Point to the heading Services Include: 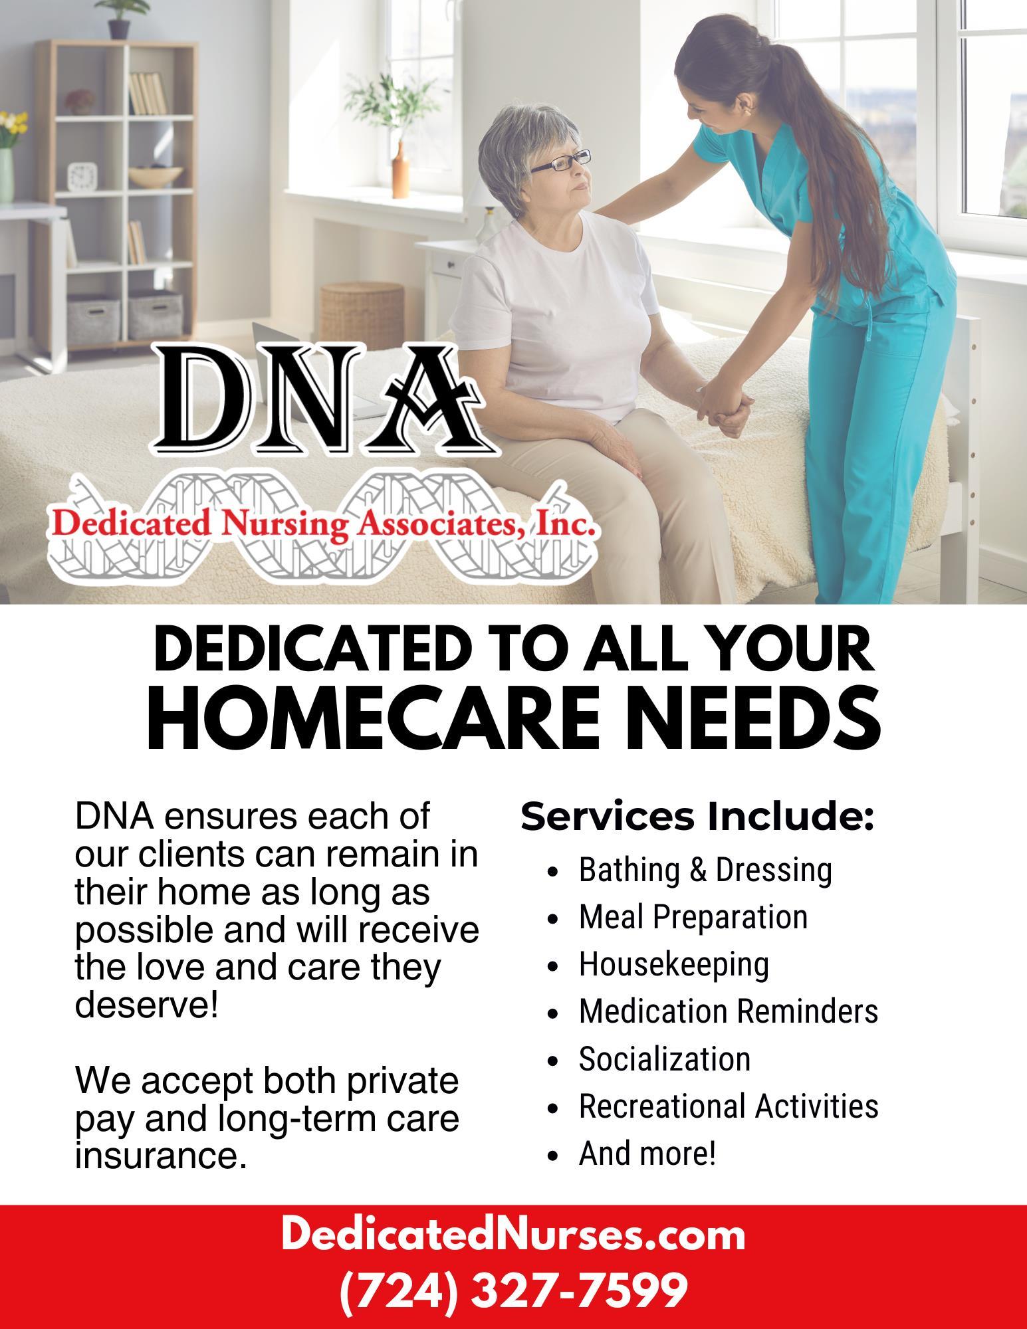(x=697, y=817)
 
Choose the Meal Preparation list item (x=693, y=918)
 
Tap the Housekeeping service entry (x=674, y=965)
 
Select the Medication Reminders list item (x=729, y=1011)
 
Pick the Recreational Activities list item (x=729, y=1106)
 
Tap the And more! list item (x=647, y=1153)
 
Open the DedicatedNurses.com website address (x=513, y=1235)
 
